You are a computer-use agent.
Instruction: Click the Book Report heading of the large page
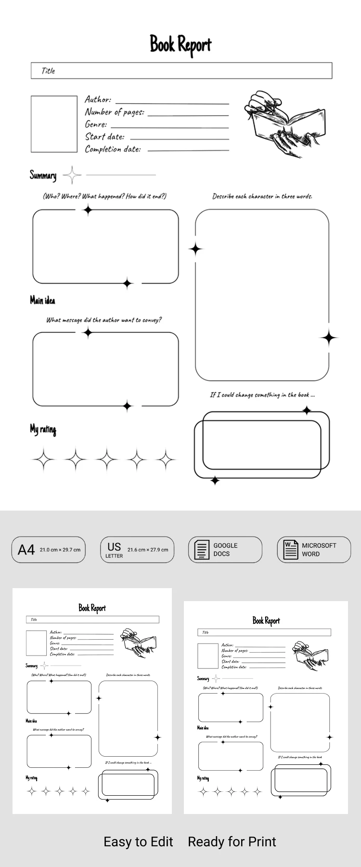point(180,45)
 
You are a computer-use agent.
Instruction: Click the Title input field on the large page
point(181,71)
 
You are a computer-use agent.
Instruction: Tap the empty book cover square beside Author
point(54,124)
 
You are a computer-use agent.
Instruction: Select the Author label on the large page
point(98,100)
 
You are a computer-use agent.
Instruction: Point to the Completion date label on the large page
point(113,149)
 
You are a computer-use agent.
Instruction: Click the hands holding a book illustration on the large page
point(282,123)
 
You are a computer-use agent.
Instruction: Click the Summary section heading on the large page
point(43,175)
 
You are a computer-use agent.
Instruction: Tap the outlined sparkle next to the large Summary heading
point(72,175)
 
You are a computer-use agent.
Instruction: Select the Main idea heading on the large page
point(42,301)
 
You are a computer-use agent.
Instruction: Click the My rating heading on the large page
point(43,429)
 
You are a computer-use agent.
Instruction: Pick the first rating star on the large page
point(44,460)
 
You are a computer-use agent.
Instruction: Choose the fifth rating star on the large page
point(167,460)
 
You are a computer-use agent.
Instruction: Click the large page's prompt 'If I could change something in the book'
point(262,395)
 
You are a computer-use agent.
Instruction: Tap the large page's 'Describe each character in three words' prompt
point(262,197)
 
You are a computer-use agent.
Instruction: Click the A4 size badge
point(48,550)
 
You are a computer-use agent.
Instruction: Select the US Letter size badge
point(137,550)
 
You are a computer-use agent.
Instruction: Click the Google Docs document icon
point(202,550)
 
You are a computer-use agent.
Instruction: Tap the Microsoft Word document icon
point(291,550)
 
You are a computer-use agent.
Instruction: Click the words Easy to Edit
point(138,841)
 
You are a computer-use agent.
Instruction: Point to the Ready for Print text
point(232,841)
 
